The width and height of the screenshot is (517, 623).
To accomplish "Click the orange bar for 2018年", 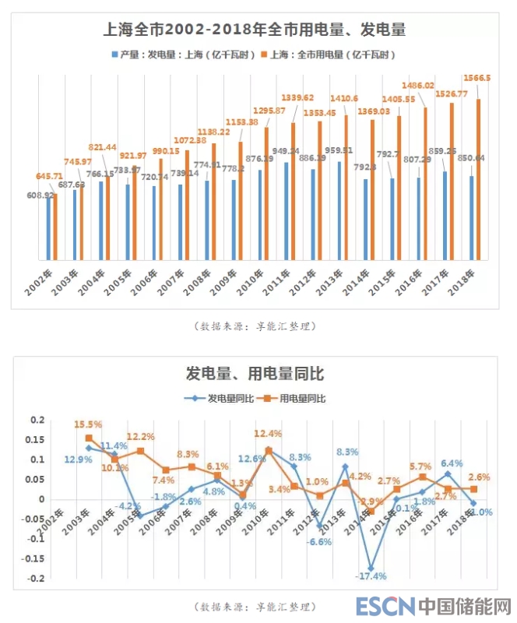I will pos(478,179).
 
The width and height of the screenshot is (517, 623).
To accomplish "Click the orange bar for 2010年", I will pos(266,193).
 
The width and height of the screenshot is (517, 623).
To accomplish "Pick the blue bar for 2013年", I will pos(339,210).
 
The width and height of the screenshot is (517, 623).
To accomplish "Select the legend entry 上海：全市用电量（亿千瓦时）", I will pos(332,55).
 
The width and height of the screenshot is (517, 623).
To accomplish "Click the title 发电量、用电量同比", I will pos(255,375).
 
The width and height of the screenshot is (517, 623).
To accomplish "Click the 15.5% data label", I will pos(88,424).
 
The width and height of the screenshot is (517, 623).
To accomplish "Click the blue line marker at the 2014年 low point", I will pos(371,569).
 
